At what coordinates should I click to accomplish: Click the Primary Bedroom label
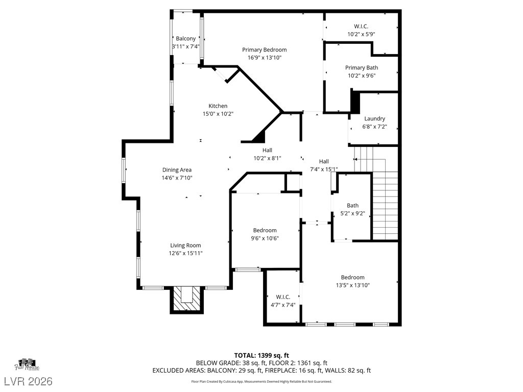(264, 50)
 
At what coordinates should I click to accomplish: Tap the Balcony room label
(186, 39)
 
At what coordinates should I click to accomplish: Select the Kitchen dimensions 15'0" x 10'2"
(218, 114)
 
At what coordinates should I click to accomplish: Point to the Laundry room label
(374, 118)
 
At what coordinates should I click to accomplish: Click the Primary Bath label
(362, 68)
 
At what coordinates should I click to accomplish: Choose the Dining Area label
(177, 170)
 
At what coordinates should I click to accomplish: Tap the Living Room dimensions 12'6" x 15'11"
(186, 253)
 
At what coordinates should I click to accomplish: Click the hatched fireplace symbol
(186, 300)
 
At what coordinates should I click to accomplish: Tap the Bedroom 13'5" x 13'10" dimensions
(352, 285)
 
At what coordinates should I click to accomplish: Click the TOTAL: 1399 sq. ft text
(261, 355)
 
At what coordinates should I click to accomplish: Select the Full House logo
(28, 363)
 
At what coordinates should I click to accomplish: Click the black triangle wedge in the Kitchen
(259, 137)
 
